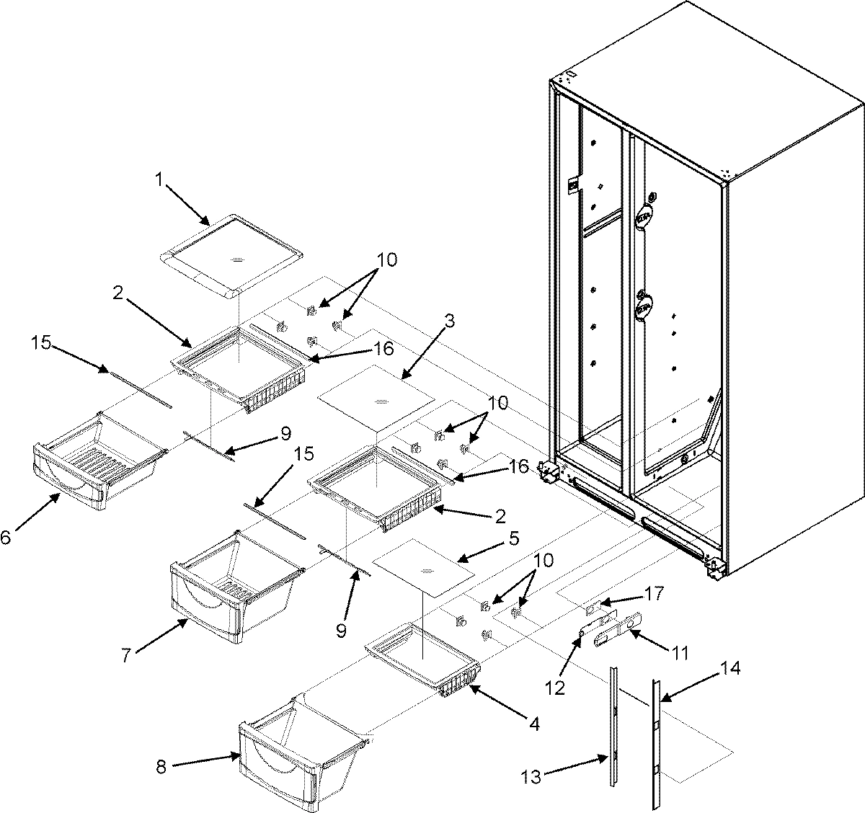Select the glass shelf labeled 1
[231, 256]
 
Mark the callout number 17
[654, 595]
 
